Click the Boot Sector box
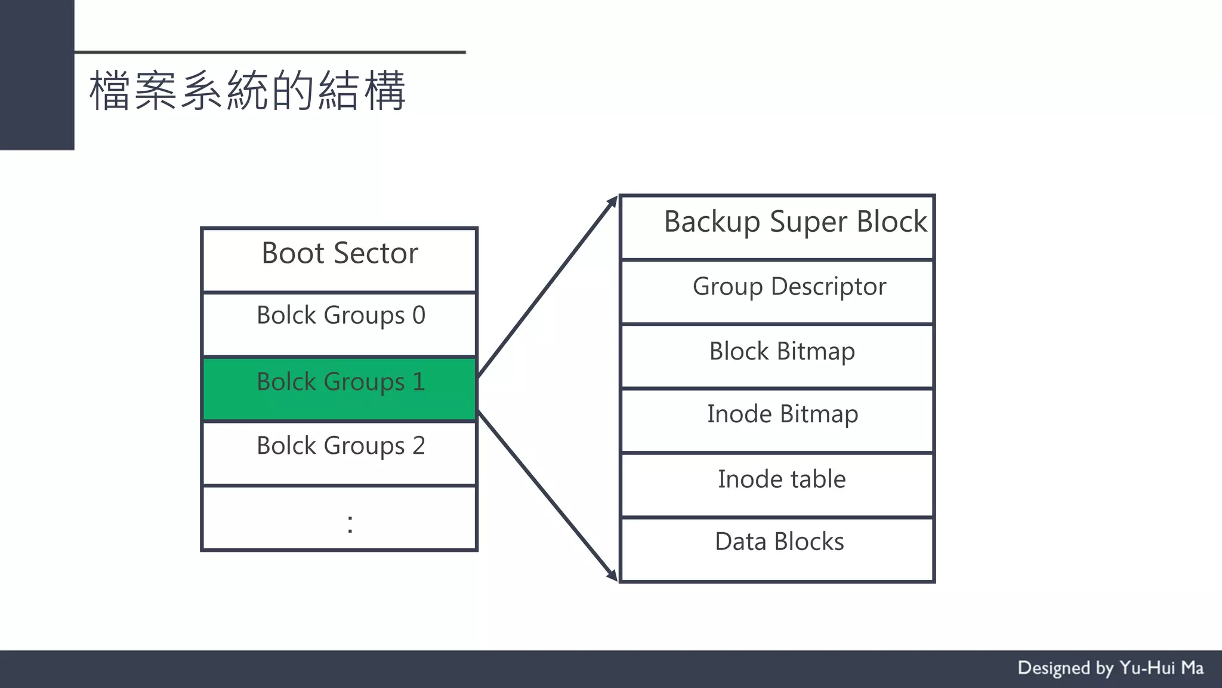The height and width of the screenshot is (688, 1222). tap(339, 260)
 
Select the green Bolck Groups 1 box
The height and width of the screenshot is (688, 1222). tap(339, 389)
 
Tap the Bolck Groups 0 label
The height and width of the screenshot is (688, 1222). tap(340, 315)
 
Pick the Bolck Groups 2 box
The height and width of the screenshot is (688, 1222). tap(339, 453)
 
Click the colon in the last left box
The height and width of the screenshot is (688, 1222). tap(350, 524)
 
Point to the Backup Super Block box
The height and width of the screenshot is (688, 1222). tap(777, 228)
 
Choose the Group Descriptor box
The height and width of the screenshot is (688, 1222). tap(777, 292)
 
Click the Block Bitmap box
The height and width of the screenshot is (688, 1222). tap(777, 357)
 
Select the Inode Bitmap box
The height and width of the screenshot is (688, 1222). tap(777, 420)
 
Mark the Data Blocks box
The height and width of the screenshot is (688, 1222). tap(777, 549)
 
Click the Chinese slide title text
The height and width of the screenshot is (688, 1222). tap(247, 91)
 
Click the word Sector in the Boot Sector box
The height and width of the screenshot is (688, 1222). tap(375, 253)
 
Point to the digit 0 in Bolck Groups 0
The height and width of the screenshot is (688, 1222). tap(418, 315)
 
